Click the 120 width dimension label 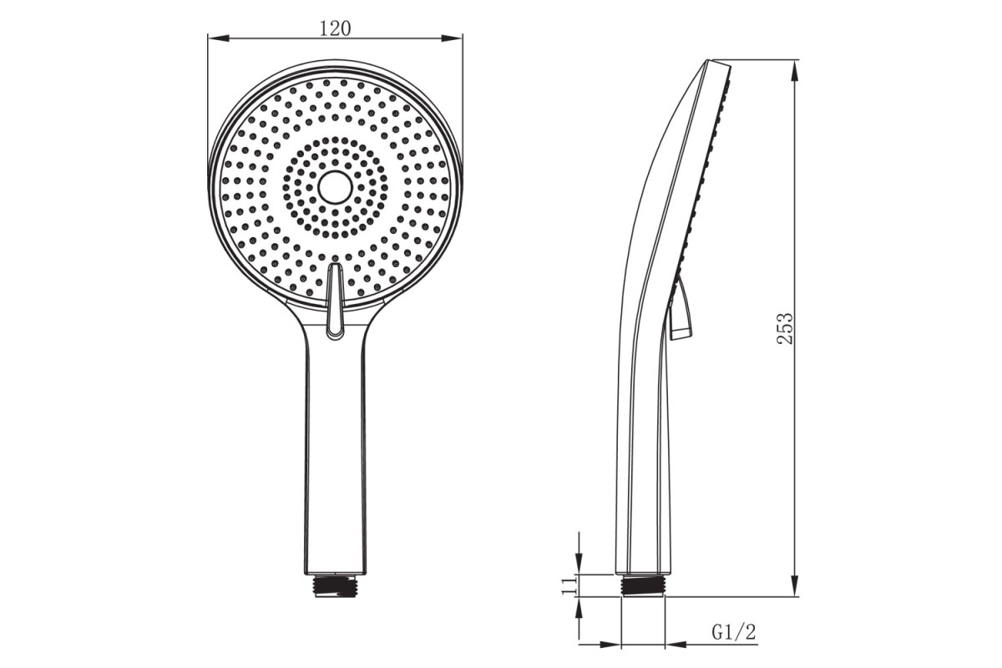pos(335,28)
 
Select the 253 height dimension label pos(785,328)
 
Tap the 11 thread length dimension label pos(568,584)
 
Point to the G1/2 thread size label pos(734,632)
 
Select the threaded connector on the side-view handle pos(643,585)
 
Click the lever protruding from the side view pos(681,310)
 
